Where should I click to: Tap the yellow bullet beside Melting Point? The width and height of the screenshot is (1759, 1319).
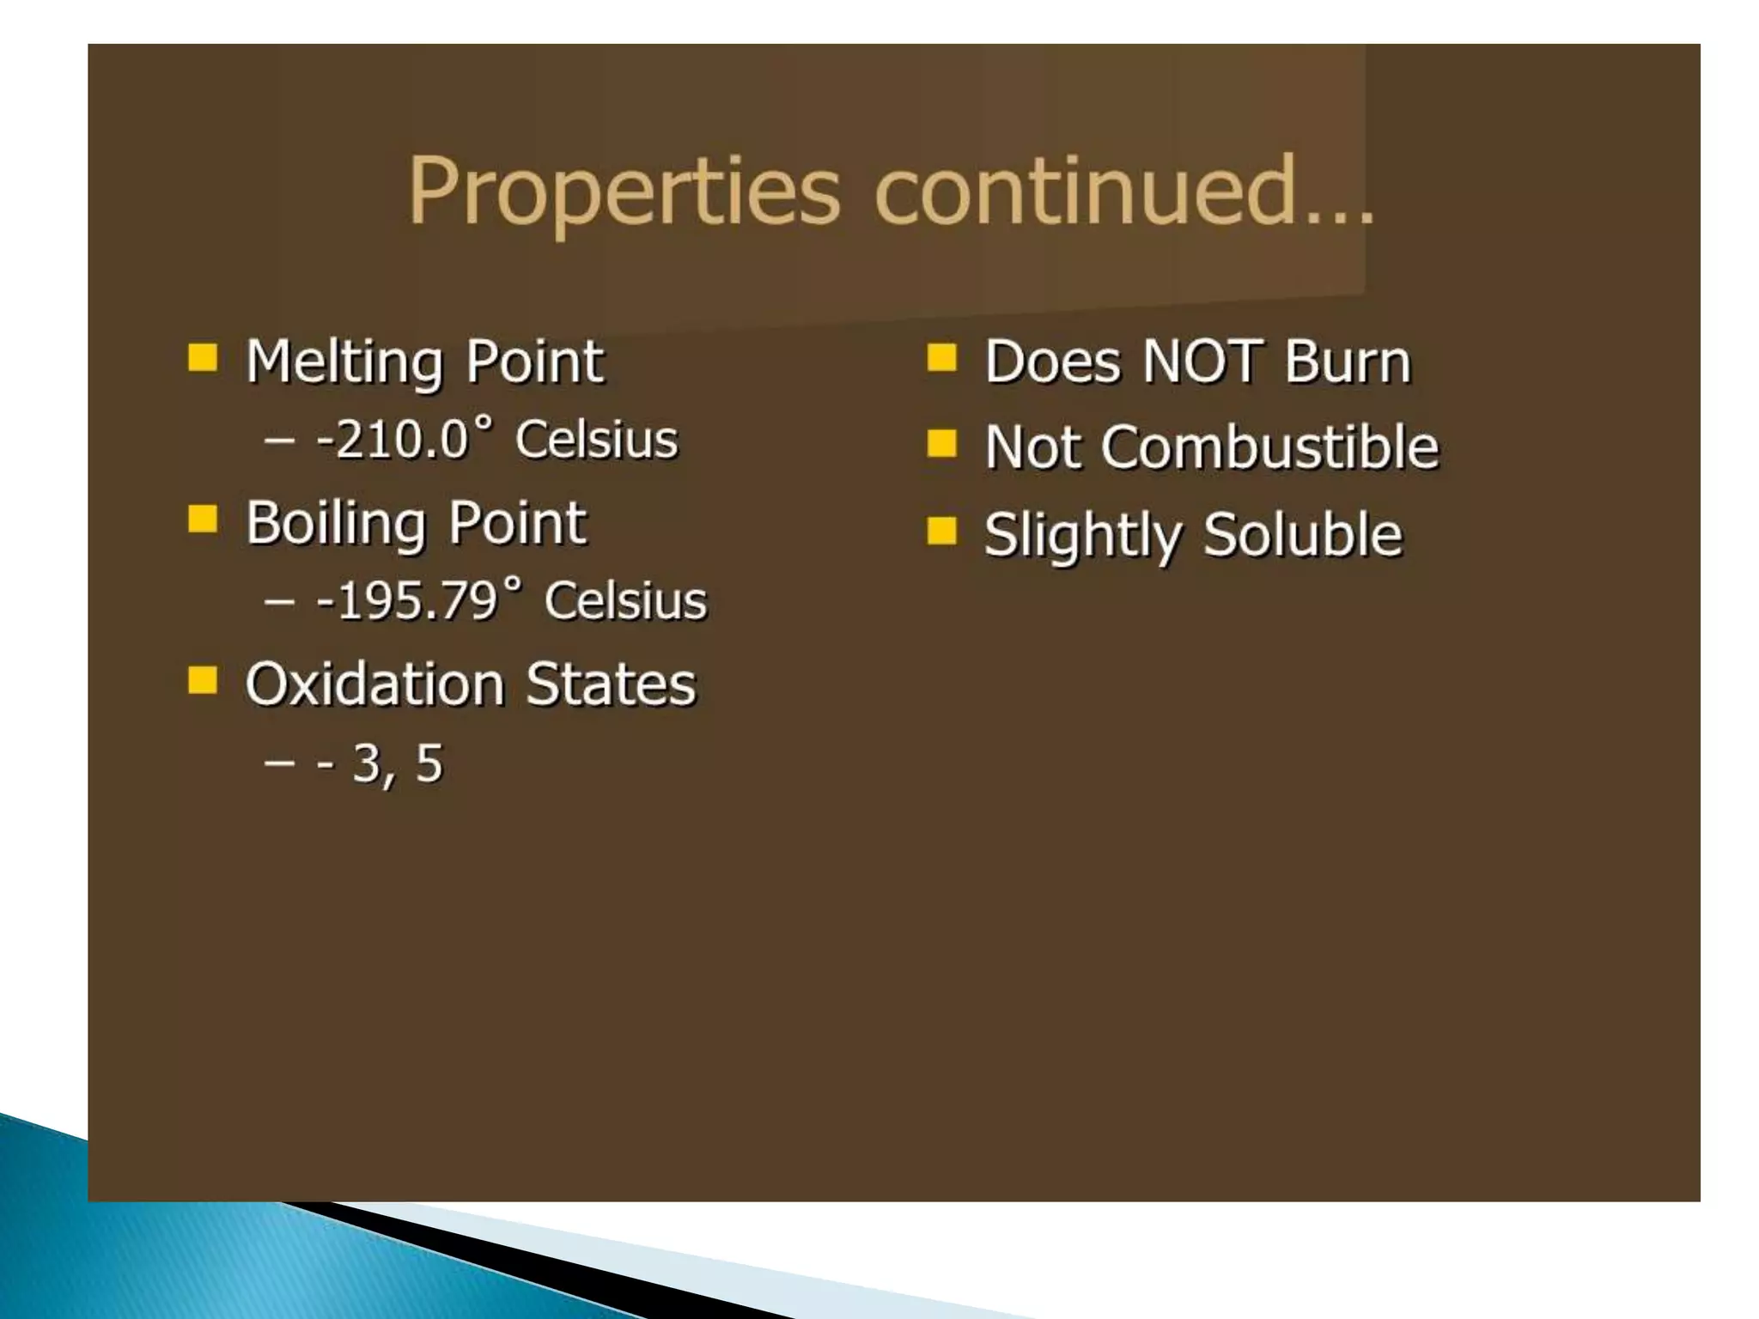tap(204, 356)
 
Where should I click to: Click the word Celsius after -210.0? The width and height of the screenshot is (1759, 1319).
tap(596, 440)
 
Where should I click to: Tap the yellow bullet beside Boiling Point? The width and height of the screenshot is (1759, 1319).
tap(204, 518)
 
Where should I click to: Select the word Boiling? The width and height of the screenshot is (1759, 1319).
tap(336, 523)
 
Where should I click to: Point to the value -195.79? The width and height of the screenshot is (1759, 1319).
tap(407, 600)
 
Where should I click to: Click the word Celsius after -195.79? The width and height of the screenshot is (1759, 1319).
tap(625, 600)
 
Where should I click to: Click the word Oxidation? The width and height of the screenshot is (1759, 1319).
tap(374, 684)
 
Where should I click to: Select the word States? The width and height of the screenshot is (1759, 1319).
tap(611, 684)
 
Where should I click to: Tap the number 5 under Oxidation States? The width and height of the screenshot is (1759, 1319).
tap(429, 763)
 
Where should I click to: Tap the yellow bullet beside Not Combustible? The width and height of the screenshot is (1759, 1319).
tap(942, 443)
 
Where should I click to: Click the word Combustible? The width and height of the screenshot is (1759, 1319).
tap(1269, 447)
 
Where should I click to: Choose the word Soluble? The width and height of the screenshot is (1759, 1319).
tap(1302, 534)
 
